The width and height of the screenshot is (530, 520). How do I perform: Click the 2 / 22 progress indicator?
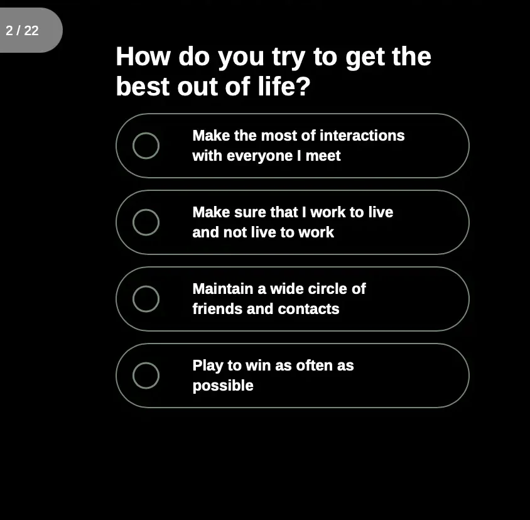pyautogui.click(x=23, y=30)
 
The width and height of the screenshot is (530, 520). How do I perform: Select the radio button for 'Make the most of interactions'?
pyautogui.click(x=146, y=146)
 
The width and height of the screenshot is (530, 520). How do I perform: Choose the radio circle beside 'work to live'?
pyautogui.click(x=146, y=222)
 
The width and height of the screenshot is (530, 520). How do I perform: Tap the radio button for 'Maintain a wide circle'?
pyautogui.click(x=146, y=299)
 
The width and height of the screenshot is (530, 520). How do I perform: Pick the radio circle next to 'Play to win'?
pyautogui.click(x=146, y=376)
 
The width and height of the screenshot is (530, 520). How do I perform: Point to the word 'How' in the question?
pyautogui.click(x=143, y=57)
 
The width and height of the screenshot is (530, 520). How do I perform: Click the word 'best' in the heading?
pyautogui.click(x=143, y=87)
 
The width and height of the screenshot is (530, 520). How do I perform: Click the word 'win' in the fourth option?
pyautogui.click(x=257, y=366)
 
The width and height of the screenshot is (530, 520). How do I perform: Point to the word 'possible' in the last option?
pyautogui.click(x=223, y=386)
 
